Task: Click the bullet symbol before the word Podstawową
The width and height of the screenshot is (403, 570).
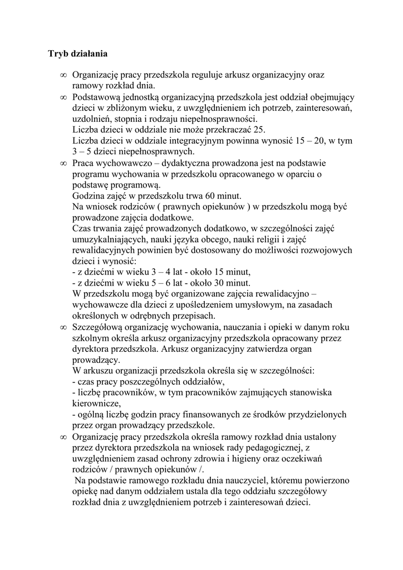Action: coord(63,97)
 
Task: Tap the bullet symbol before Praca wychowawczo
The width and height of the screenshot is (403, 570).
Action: coord(63,164)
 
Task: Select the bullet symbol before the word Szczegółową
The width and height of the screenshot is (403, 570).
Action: coord(63,327)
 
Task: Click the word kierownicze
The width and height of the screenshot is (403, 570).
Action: coord(96,404)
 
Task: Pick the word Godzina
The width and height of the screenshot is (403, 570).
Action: coord(89,196)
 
